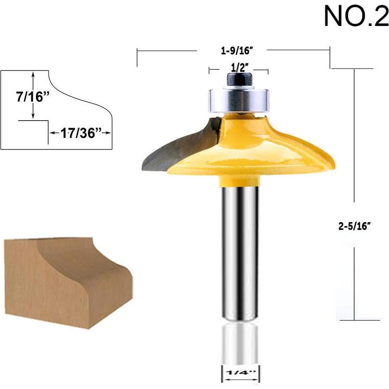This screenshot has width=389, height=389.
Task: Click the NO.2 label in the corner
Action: [356, 17]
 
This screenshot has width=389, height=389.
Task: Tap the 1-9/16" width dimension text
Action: [237, 51]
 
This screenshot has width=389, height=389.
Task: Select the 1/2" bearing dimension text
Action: [240, 67]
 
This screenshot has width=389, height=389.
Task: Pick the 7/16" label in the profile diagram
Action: [31, 97]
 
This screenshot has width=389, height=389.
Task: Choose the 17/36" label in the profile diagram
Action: [81, 132]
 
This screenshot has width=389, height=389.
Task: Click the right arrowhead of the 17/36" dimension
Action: [109, 133]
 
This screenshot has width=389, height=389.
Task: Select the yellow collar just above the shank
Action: [239, 182]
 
